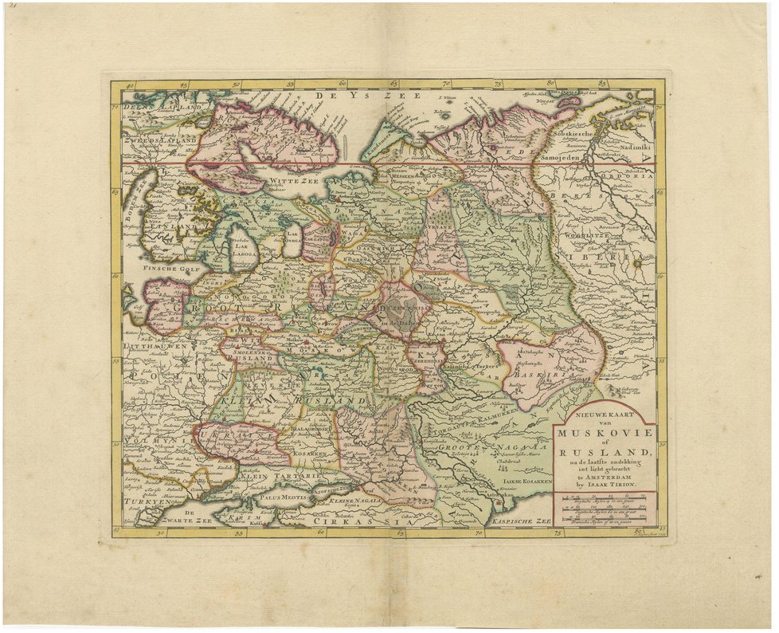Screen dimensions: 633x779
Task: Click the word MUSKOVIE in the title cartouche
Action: [605, 433]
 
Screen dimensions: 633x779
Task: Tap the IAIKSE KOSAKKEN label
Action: [526, 482]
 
